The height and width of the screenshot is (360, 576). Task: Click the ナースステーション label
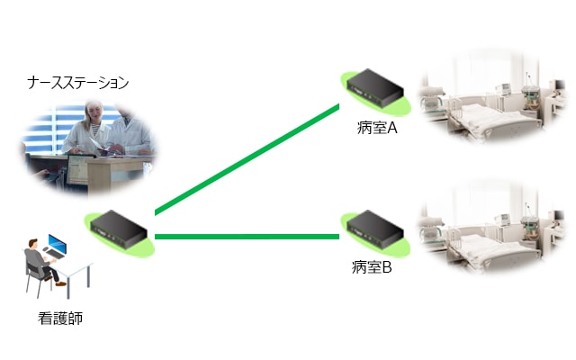pos(78,83)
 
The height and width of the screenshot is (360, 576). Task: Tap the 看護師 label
pos(60,318)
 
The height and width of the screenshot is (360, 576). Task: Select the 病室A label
pos(377,128)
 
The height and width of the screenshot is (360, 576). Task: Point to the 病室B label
pos(372,267)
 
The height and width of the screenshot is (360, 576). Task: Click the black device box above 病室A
pos(375,88)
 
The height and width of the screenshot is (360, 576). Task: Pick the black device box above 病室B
pos(375,229)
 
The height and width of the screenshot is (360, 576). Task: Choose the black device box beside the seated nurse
pos(119,229)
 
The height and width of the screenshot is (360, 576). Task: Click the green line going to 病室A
pos(247,159)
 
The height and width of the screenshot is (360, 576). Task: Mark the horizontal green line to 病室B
pos(247,237)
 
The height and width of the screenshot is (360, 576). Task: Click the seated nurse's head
pos(33,243)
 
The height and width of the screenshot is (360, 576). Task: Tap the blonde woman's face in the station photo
pos(92,111)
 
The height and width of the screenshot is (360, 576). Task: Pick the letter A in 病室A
pos(392,128)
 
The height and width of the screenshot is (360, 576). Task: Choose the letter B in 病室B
pos(387,267)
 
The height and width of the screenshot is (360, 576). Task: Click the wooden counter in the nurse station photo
pos(110,173)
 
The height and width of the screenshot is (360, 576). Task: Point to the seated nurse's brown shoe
pos(60,283)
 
